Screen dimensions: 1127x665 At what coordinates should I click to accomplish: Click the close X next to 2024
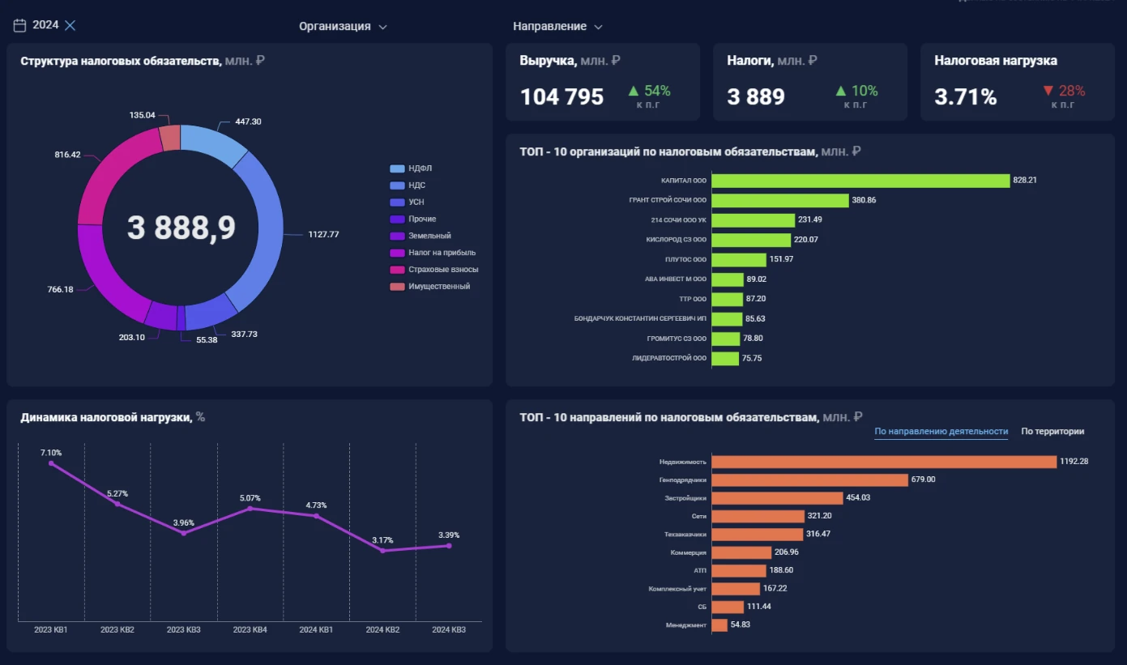70,25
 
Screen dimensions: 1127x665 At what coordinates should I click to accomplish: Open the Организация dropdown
343,26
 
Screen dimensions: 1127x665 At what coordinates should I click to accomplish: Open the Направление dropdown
557,26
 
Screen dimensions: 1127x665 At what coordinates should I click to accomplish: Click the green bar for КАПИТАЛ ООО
860,181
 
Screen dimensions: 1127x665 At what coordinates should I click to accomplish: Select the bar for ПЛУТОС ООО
739,259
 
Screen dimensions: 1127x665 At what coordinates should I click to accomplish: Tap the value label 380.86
864,200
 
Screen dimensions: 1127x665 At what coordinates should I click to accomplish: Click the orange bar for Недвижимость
884,462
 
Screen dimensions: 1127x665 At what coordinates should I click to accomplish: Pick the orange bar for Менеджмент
719,625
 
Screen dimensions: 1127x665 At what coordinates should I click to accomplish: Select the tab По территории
1052,432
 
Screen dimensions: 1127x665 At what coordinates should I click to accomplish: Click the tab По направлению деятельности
941,432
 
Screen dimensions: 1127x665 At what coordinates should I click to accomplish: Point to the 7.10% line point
51,463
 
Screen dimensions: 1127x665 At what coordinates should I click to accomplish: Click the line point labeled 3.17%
383,551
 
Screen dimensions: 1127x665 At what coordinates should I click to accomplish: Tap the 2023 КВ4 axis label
250,630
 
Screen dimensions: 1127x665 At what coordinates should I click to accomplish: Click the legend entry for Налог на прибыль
433,253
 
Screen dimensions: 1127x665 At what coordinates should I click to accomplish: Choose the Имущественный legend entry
430,286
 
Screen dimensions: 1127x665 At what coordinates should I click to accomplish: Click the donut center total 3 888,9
181,228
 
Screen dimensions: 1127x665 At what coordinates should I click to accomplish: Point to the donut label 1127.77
323,234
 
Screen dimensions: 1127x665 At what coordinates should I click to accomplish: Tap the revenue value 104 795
561,96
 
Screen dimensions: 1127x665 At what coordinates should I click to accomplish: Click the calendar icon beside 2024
19,25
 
